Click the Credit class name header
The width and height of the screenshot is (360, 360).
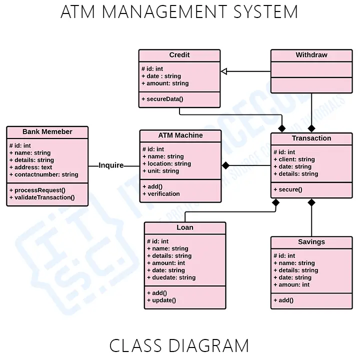point(179,55)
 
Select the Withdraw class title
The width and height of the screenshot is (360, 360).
point(311,55)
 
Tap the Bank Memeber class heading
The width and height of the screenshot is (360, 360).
point(47,132)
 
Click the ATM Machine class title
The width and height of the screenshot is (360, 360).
point(180,135)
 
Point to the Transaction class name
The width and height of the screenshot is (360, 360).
point(311,138)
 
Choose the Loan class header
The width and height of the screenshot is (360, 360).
point(185,227)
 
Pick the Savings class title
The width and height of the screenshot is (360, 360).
point(311,242)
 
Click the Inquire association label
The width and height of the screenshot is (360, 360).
point(111,165)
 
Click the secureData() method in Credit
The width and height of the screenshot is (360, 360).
point(162,99)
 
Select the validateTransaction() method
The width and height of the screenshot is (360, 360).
point(42,197)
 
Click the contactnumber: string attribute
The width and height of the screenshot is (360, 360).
point(44,174)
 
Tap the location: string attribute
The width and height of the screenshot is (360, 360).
point(166,163)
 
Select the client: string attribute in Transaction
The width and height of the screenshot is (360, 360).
point(294,159)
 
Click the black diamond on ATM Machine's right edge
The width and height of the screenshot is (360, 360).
point(225,165)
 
